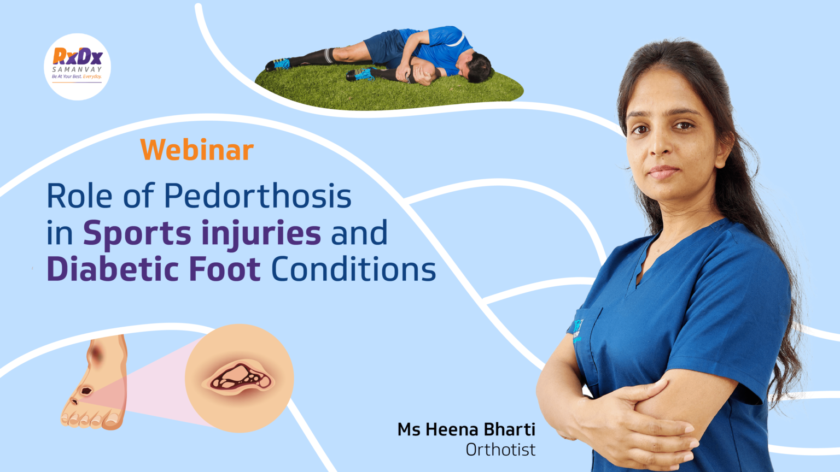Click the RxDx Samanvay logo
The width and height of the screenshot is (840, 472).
point(77,67)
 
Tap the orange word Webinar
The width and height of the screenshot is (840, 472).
point(197,150)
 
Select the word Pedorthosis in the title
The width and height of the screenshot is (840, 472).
point(258,196)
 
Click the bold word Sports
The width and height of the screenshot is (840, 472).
point(137,234)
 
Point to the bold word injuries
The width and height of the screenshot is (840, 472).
point(261,234)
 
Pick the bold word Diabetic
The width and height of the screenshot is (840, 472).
point(113,269)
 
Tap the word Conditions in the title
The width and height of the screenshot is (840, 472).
point(353,269)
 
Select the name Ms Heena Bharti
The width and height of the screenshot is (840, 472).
point(466,430)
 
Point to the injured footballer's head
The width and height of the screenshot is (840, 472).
point(475,67)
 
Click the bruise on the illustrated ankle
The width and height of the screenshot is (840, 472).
point(96,353)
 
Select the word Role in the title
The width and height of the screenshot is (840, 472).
point(79,196)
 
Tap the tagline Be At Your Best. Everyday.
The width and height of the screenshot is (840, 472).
point(77,76)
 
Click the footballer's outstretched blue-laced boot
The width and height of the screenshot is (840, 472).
point(278,65)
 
